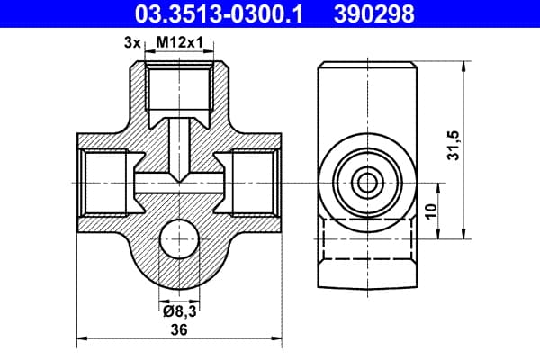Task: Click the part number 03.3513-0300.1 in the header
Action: [x=219, y=13]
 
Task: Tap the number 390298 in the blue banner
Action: [x=374, y=13]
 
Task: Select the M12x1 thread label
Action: [x=180, y=42]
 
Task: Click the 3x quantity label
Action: [x=132, y=43]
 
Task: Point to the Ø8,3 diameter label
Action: [x=180, y=311]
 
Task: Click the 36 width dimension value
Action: [x=179, y=329]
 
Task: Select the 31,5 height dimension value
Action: [x=454, y=146]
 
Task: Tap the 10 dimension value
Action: [x=431, y=211]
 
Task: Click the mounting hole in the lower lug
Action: [x=179, y=238]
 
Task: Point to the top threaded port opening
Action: [x=179, y=85]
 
